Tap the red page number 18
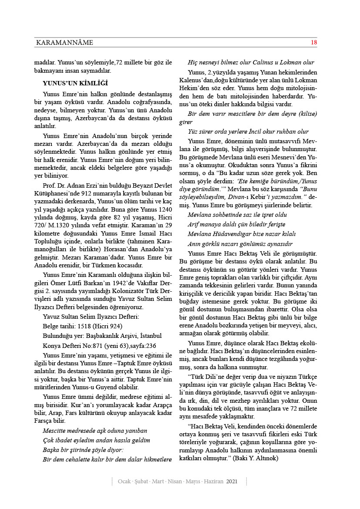(x=314, y=42)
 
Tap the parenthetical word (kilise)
(x=306, y=114)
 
